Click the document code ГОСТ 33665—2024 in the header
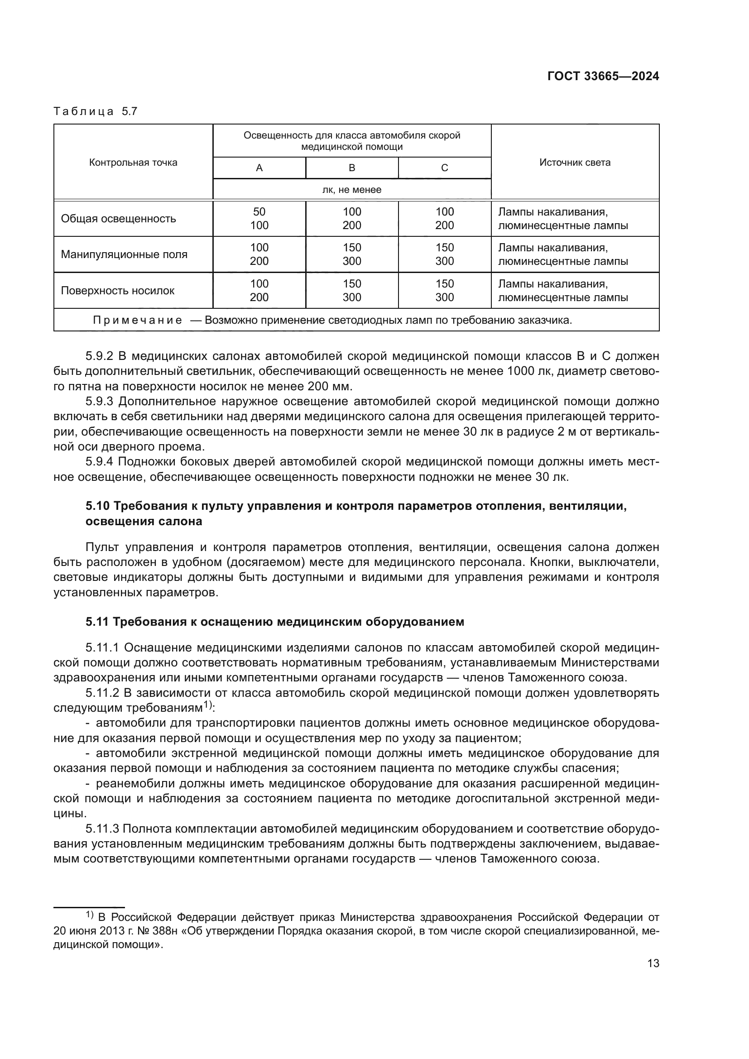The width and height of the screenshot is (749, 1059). (603, 77)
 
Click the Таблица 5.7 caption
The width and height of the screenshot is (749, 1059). (96, 112)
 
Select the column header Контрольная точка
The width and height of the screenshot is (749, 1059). (133, 163)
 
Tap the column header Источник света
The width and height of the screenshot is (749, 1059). (575, 163)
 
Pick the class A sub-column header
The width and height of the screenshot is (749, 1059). (259, 168)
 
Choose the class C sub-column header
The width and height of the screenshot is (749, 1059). (444, 168)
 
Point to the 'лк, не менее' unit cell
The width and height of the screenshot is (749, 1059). (351, 190)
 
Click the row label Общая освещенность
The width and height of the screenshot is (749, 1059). (119, 219)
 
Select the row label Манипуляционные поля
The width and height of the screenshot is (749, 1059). (124, 254)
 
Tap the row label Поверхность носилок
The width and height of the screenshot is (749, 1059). (118, 291)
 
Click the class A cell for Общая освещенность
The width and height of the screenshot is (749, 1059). (259, 219)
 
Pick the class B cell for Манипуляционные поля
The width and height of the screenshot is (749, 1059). (351, 254)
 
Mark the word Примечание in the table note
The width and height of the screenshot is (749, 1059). (138, 320)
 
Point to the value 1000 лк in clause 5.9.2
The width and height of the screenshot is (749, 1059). (528, 371)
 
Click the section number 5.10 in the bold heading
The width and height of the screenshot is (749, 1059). (97, 507)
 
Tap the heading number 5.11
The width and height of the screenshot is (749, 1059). (97, 622)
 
